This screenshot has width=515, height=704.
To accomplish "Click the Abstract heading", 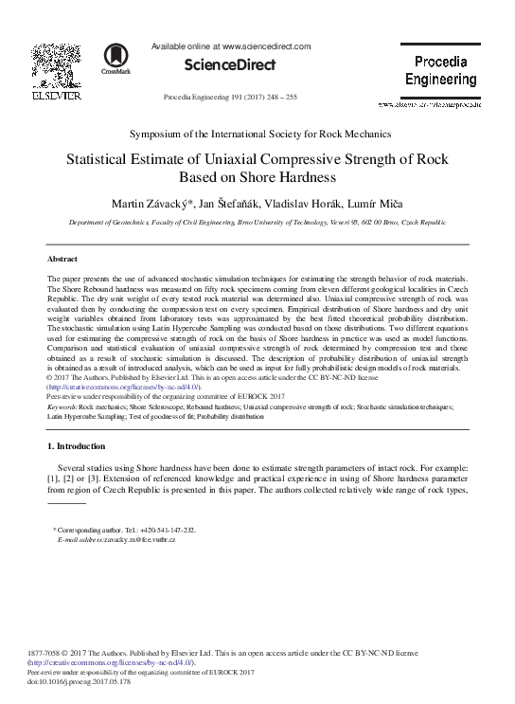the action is pyautogui.click(x=62, y=259).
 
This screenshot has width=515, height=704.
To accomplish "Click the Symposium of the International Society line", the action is pyautogui.click(x=257, y=135).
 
